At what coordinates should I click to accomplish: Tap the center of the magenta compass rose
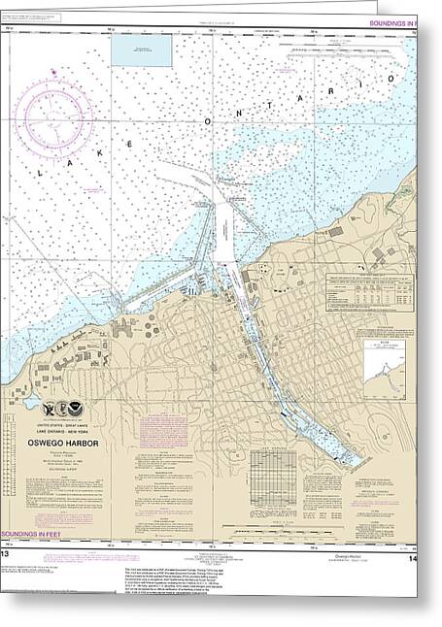click(x=59, y=109)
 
